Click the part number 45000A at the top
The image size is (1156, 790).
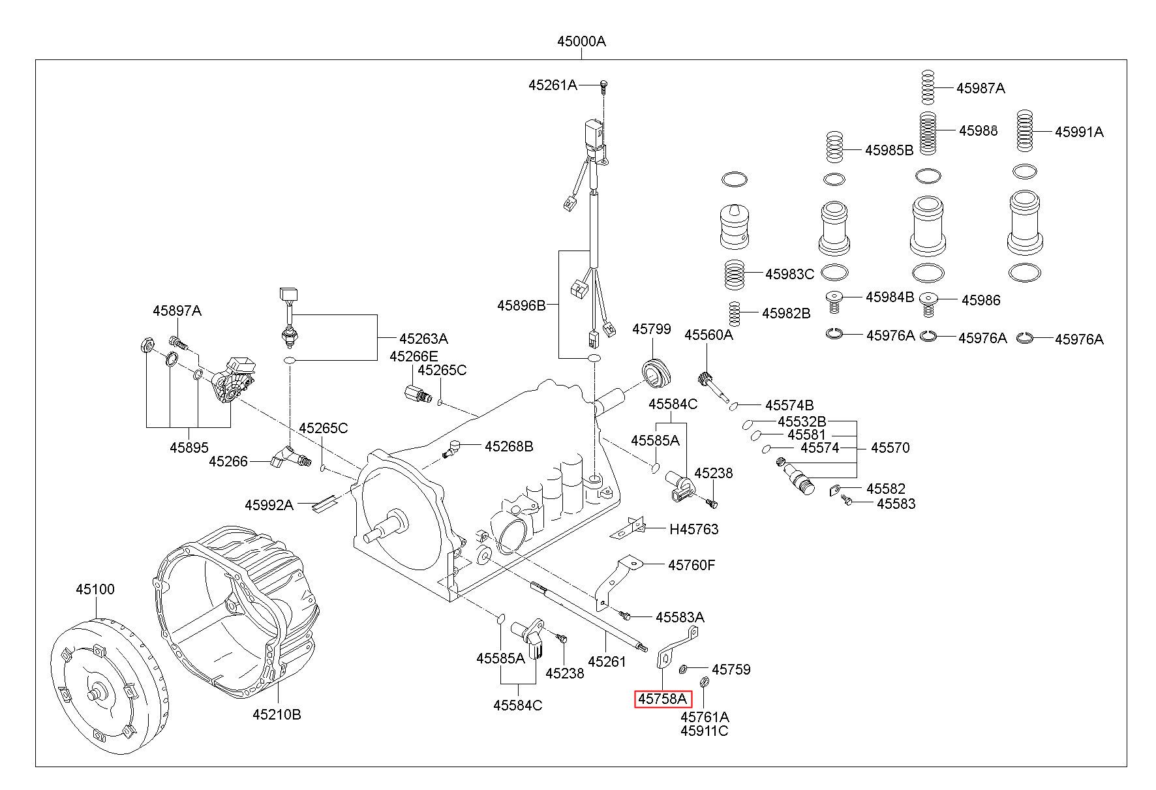pos(581,42)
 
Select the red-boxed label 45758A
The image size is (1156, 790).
pos(663,699)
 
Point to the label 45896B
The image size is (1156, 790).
pos(521,305)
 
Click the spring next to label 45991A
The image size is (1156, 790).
pos(1026,131)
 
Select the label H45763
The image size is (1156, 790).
pos(693,530)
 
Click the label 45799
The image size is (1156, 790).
pos(651,329)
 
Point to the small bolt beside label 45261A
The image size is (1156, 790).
pos(603,85)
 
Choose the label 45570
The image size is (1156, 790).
pos(890,448)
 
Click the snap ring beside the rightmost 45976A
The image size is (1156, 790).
pos(1025,338)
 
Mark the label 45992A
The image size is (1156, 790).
pos(269,505)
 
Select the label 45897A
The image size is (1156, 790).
pos(177,311)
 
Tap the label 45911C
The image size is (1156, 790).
pos(704,731)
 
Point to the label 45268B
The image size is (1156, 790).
pos(508,446)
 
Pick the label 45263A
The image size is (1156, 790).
pos(423,339)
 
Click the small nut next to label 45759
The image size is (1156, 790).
pos(684,669)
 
